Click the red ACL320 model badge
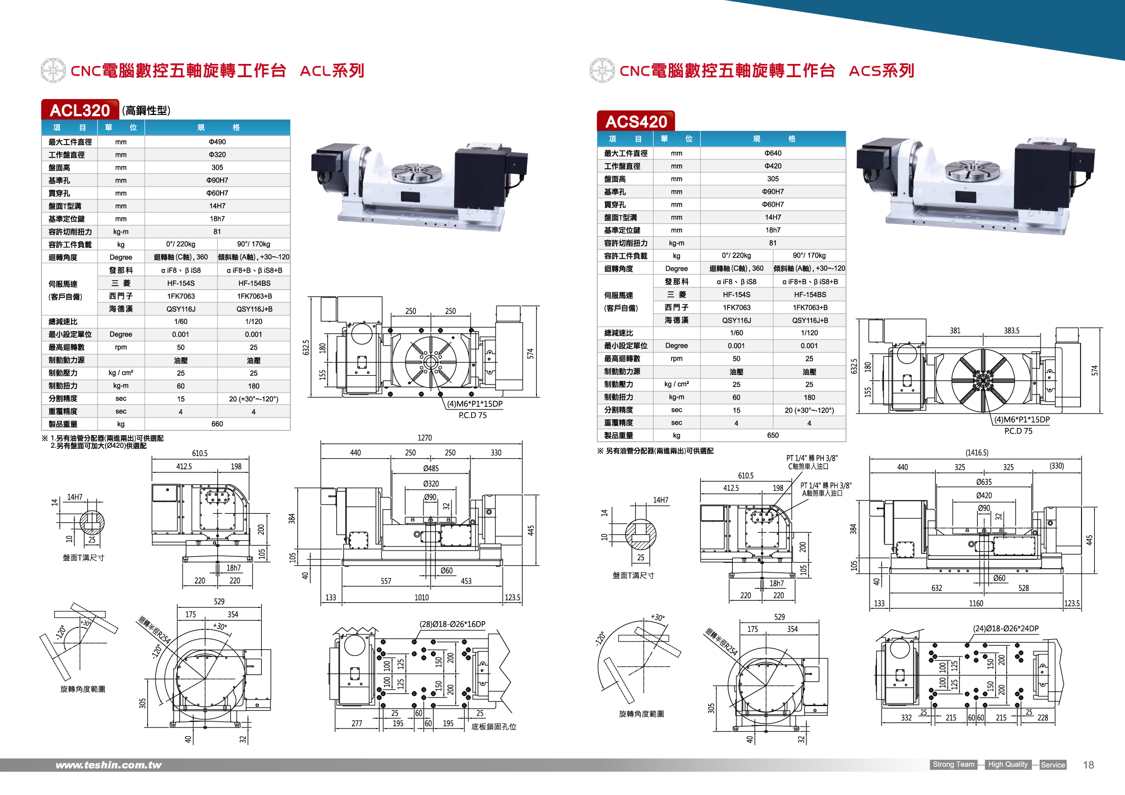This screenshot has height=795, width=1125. coord(80,110)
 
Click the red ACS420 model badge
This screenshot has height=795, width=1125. coord(636,121)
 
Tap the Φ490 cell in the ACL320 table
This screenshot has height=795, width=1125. coord(217,142)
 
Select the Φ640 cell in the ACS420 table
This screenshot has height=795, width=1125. coord(773,153)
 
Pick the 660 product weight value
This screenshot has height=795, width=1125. coord(217,424)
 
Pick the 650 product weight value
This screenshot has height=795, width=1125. coord(773,435)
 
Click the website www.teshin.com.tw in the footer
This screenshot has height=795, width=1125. coord(108,765)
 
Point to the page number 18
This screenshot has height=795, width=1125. coord(1088,765)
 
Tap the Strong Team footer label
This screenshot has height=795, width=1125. coord(953,764)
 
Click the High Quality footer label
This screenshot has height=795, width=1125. coord(1007,764)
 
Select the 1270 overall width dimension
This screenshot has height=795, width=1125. coord(424,438)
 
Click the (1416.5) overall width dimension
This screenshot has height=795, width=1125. coord(977,452)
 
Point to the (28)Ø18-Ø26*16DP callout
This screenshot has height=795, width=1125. coord(452,624)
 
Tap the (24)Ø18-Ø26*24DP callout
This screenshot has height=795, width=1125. coord(1005,628)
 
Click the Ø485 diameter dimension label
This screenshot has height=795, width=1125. coord(431,468)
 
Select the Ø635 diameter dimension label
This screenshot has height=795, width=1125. coord(983,482)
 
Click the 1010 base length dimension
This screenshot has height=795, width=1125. coord(421,597)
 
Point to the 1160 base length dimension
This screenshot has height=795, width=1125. coord(976,603)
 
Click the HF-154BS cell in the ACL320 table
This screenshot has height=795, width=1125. coord(254,283)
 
